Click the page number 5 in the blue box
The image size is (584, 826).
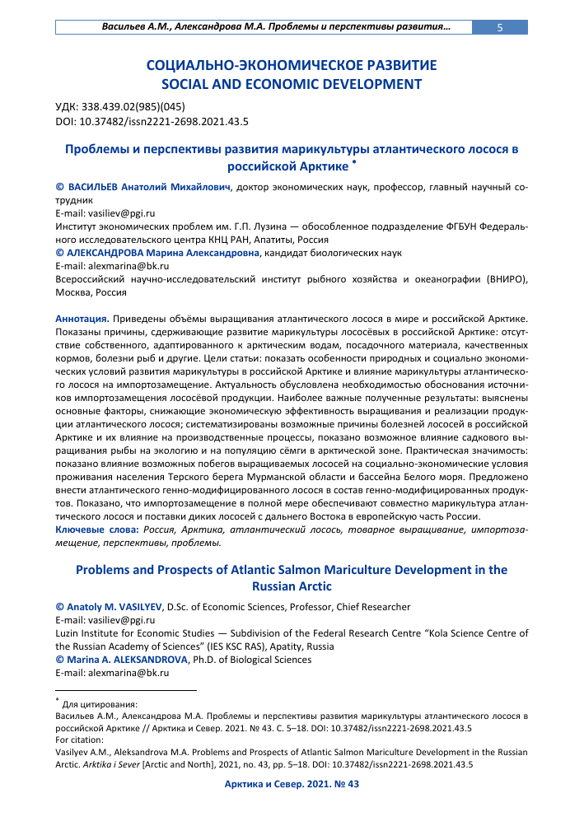pyautogui.click(x=499, y=27)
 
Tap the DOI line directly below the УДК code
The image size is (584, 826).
pyautogui.click(x=152, y=120)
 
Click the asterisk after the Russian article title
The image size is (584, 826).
pyautogui.click(x=353, y=162)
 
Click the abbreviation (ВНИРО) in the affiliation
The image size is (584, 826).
pyautogui.click(x=498, y=279)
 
